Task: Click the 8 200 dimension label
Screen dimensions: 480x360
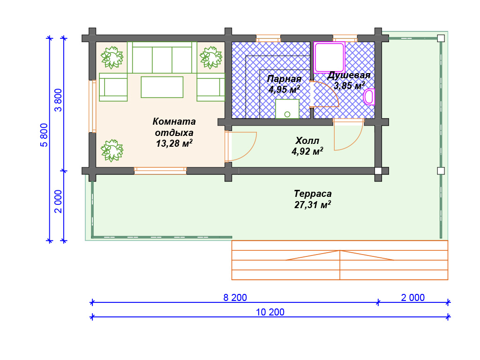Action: [x=235, y=298]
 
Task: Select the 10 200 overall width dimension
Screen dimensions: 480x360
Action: [x=270, y=312]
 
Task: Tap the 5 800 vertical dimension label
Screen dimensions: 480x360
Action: [x=44, y=135]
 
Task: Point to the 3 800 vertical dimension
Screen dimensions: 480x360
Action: [x=58, y=100]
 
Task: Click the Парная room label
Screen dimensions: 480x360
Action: [x=284, y=79]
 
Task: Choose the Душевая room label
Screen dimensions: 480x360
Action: [x=349, y=75]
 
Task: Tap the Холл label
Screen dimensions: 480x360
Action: [x=307, y=141]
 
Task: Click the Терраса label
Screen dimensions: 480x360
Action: [x=313, y=194]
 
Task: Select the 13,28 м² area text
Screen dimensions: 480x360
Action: [x=174, y=143]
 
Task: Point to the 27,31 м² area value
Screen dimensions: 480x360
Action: [x=313, y=204]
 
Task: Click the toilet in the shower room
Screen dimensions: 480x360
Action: [x=369, y=97]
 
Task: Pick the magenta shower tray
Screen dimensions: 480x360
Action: [x=329, y=58]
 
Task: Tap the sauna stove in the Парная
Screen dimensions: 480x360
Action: [x=287, y=109]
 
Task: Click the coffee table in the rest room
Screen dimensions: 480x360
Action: [x=162, y=87]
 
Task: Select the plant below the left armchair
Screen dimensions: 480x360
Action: [x=112, y=150]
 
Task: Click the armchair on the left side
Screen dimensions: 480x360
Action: [x=113, y=87]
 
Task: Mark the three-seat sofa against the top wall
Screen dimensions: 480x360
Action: [x=162, y=58]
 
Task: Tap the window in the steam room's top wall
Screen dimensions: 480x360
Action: [x=268, y=38]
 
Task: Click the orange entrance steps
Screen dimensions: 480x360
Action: [x=340, y=260]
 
